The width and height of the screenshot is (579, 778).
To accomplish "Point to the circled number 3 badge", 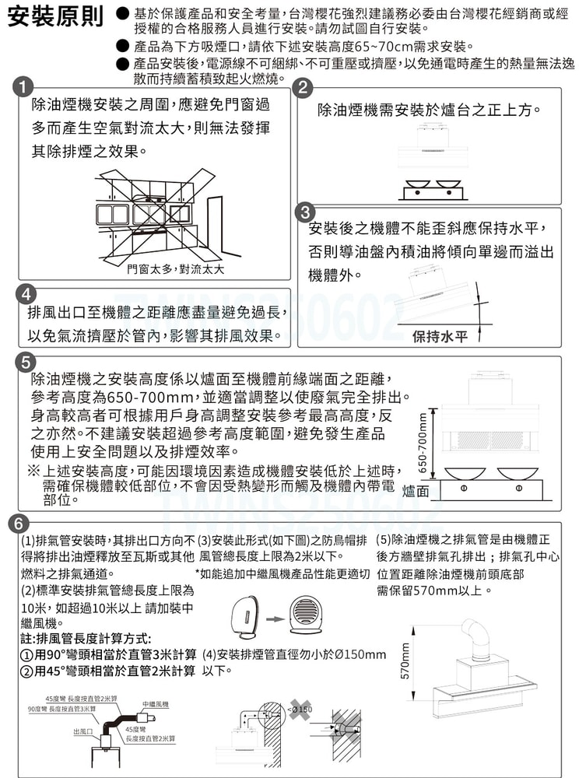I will (x=306, y=212).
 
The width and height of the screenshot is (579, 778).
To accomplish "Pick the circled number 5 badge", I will (x=26, y=363).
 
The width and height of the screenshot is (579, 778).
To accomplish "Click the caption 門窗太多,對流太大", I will (x=176, y=269).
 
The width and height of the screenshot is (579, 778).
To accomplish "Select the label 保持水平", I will (x=440, y=336).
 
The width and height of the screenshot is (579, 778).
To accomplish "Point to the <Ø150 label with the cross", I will (x=301, y=710).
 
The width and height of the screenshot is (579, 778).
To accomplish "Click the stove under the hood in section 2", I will (x=430, y=190).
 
